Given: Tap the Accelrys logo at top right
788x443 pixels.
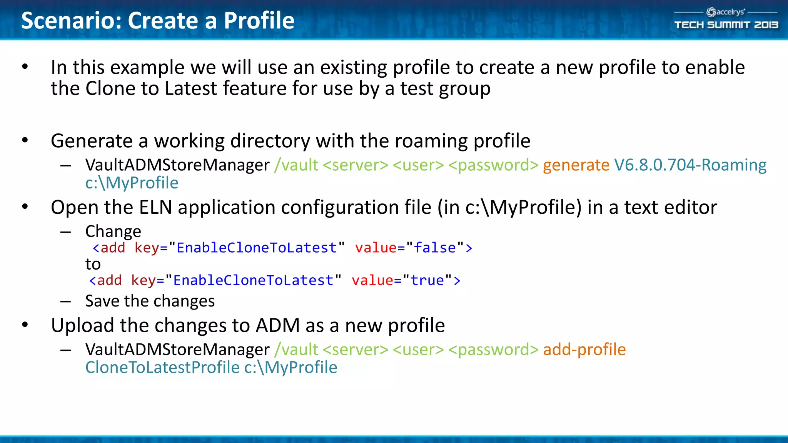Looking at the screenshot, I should tap(726, 12).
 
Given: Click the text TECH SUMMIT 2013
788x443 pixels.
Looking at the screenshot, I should tap(726, 25).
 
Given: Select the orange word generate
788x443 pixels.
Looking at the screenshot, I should tap(576, 165).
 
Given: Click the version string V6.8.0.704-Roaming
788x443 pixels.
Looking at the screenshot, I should tap(690, 165).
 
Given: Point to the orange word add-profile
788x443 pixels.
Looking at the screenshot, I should tap(584, 350).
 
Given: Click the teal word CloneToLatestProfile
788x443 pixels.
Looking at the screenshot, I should tap(162, 367).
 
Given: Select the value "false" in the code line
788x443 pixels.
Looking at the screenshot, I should tap(435, 248).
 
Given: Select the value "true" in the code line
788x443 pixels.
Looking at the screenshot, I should tap(427, 280).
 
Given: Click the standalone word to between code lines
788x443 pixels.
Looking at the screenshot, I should tap(93, 264).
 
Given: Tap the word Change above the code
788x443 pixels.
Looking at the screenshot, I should tap(113, 231).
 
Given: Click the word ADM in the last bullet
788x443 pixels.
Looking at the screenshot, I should tap(278, 325).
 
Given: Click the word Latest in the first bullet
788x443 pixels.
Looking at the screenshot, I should tap(191, 88).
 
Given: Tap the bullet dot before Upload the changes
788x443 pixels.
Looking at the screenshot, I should tap(25, 325).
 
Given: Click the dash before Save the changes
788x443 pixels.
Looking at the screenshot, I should tap(66, 301).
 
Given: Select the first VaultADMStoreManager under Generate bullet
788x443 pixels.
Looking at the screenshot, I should tap(177, 165).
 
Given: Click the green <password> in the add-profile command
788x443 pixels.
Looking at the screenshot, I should tap(493, 350).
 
